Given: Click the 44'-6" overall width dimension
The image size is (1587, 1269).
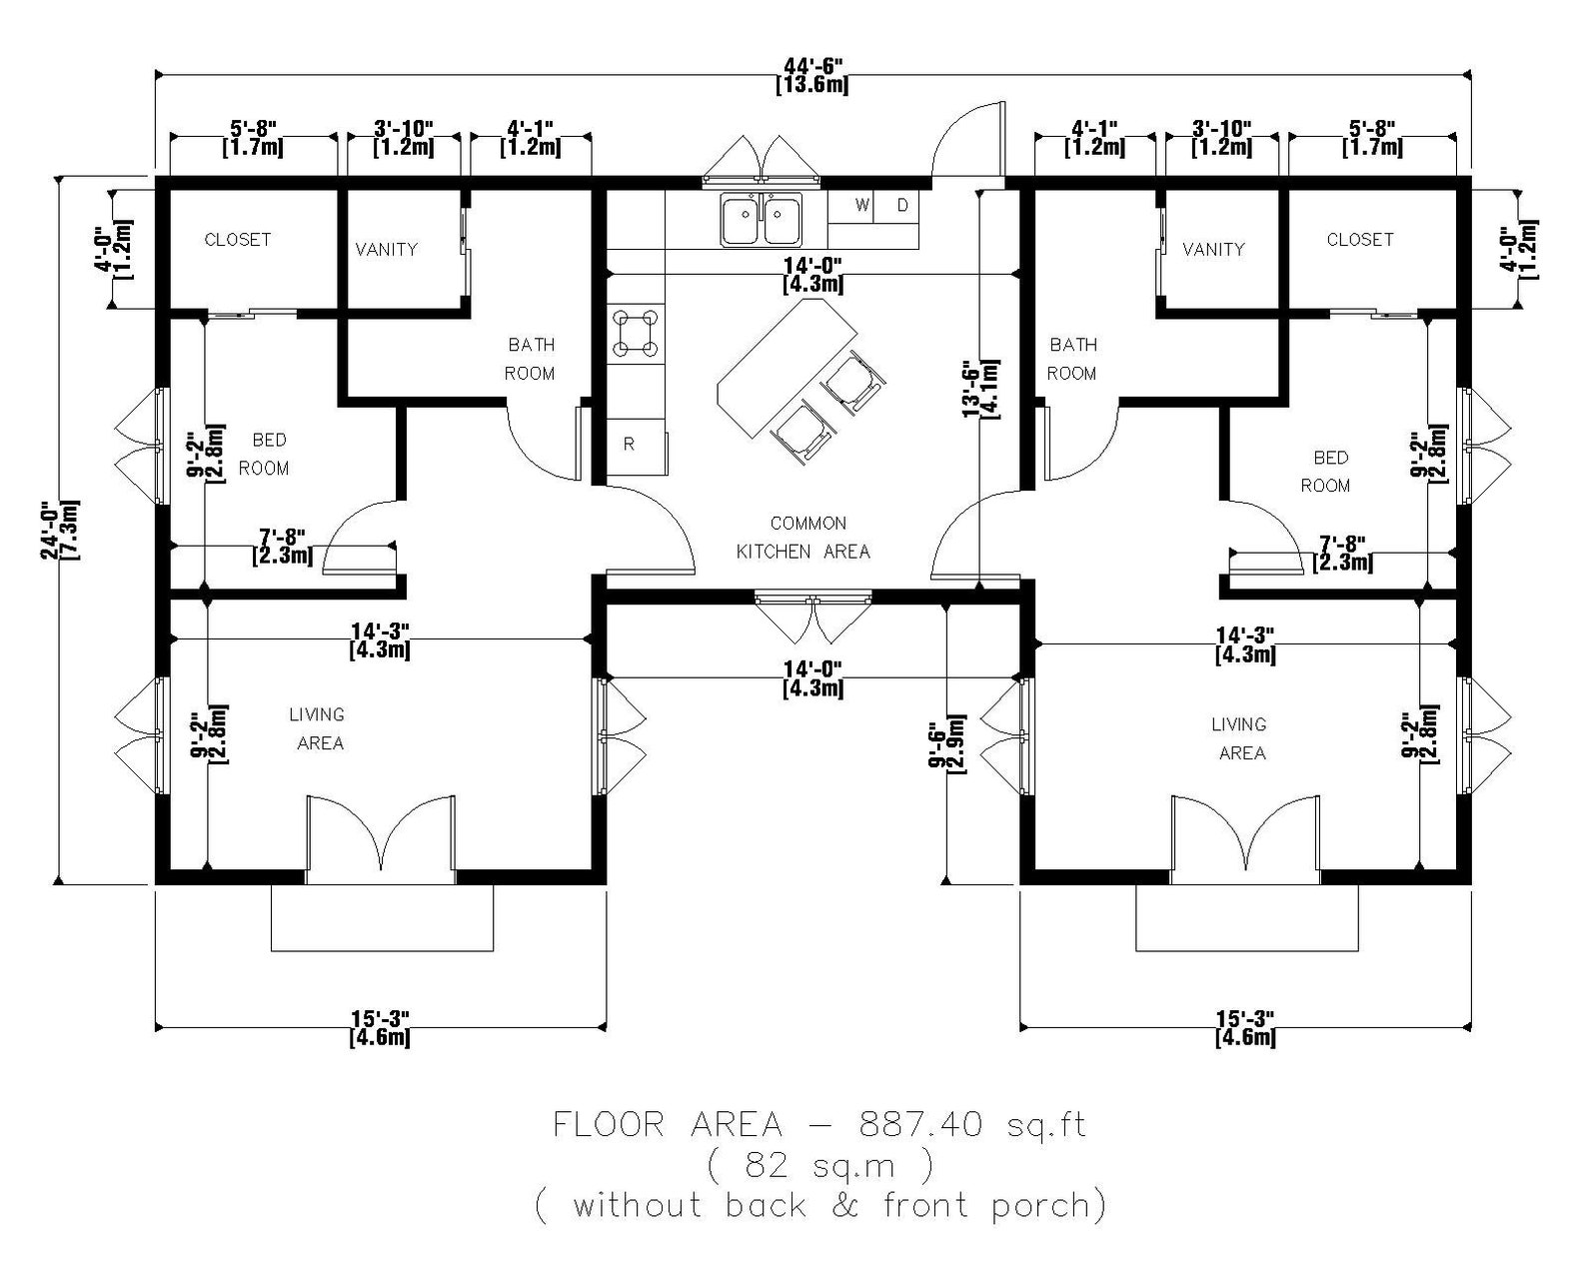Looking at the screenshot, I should (x=811, y=75).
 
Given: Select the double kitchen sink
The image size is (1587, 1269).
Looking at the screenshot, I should (x=762, y=221).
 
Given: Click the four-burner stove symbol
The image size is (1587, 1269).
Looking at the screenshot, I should (x=636, y=334).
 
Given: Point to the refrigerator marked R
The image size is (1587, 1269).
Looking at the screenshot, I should (x=629, y=444).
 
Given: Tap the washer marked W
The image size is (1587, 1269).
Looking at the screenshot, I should (x=861, y=206).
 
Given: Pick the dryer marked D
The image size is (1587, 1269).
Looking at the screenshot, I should (x=902, y=206).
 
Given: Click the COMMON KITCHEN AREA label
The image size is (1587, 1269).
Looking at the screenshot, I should (x=804, y=537).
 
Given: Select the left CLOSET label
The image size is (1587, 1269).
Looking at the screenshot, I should (x=237, y=240).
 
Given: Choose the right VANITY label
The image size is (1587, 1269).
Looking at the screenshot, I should (x=1213, y=249).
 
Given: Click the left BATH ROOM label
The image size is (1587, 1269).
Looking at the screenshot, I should (x=530, y=359).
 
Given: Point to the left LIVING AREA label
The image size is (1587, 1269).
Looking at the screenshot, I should (x=318, y=728).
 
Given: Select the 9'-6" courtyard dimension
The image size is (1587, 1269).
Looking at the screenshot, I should (x=945, y=744).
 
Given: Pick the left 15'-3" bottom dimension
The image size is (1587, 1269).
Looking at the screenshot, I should (x=379, y=1028).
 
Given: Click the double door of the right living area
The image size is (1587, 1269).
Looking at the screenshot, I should (x=1245, y=834).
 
